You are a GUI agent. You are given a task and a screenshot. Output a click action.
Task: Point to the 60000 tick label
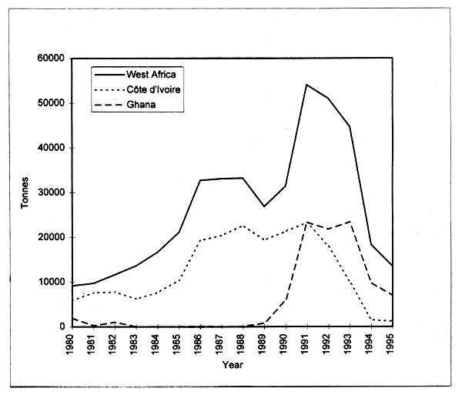pos(50,59)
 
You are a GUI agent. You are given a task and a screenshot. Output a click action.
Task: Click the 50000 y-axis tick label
pos(50,103)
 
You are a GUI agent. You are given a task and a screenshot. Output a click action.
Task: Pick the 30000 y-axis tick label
pos(50,192)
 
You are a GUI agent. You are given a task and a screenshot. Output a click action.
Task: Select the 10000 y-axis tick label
pos(50,282)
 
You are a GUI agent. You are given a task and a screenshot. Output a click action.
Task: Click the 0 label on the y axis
pos(61,326)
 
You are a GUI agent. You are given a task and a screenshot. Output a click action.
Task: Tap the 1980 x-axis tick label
pos(71,345)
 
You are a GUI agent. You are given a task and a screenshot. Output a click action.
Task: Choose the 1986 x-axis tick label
pos(199,345)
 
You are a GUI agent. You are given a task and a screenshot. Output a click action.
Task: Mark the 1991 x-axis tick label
pos(307,345)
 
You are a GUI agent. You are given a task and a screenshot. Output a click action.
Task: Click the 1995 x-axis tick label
pos(393,345)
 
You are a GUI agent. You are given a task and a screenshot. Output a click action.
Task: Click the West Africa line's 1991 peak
pos(306,85)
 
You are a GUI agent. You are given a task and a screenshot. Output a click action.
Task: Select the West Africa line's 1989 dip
pos(264,206)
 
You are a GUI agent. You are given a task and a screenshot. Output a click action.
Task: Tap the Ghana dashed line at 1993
pos(350,222)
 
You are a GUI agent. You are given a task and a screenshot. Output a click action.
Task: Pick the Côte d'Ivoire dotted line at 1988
pos(243,226)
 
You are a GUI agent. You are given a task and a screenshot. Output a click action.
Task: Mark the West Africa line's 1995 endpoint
pos(393,266)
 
